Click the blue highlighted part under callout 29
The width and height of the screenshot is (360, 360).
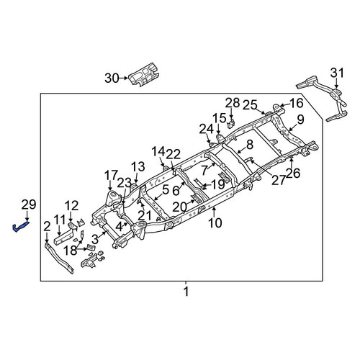pos(19,227)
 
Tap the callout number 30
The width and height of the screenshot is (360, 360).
pos(112,78)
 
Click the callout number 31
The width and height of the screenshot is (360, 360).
pos(337,73)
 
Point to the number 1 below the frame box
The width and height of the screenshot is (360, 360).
pos(186,292)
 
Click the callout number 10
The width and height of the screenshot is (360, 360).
pos(215,223)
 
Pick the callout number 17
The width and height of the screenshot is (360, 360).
pos(112,176)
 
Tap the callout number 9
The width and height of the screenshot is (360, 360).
pos(300,120)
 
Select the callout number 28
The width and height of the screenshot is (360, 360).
pos(233,103)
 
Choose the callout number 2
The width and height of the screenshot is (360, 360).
pos(47,228)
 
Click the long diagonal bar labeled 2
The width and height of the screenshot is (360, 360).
pos(59,258)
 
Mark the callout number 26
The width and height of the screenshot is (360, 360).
pos(293,173)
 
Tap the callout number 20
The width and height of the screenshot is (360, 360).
pos(180,207)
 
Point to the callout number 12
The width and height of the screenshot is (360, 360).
pos(72,206)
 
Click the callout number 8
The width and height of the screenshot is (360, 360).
pos(250,145)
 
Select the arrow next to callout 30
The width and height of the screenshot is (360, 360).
pos(124,78)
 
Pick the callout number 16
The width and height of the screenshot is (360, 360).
pos(297,103)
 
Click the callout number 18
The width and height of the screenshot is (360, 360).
pos(70,251)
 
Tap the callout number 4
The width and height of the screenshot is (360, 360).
pos(119,227)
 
